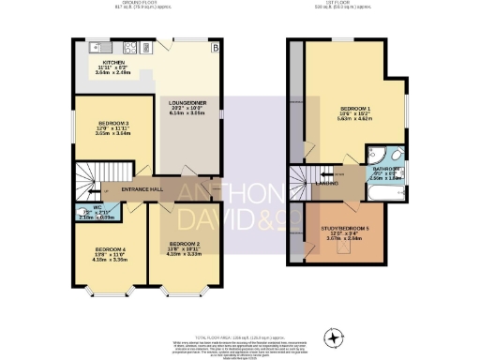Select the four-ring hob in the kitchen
coord(128,47)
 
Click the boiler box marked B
coord(214,47)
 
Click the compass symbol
coord(333,337)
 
